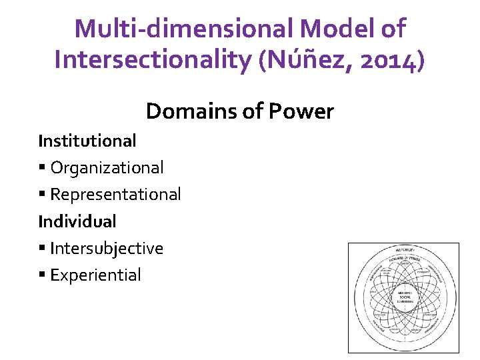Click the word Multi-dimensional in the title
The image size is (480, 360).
pyautogui.click(x=184, y=29)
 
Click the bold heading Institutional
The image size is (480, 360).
pyautogui.click(x=87, y=141)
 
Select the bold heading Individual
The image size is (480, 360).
pyautogui.click(x=77, y=221)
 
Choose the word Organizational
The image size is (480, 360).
pyautogui.click(x=107, y=167)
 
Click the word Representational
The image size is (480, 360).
pyautogui.click(x=115, y=194)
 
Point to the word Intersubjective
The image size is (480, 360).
pyautogui.click(x=107, y=248)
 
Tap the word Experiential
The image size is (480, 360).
pyautogui.click(x=95, y=275)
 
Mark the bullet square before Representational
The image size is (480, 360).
pyautogui.click(x=42, y=195)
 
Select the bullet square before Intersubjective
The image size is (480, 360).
pyautogui.click(x=42, y=249)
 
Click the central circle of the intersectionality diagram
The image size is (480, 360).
pyautogui.click(x=405, y=297)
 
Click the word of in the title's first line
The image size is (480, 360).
pyautogui.click(x=392, y=29)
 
